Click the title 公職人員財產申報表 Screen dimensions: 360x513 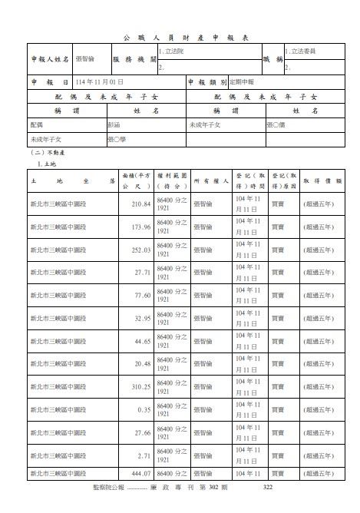click(x=180, y=37)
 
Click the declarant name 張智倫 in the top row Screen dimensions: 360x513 click(x=85, y=58)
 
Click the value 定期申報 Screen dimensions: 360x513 click(x=221, y=81)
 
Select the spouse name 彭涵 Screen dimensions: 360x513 click(x=116, y=124)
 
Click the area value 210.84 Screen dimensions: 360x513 click(x=140, y=204)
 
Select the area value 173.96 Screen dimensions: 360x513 click(x=140, y=227)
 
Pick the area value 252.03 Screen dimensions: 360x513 click(x=140, y=250)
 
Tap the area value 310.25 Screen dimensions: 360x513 click(x=140, y=386)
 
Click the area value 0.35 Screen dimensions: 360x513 click(x=144, y=409)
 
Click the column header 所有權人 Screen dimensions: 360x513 click(x=210, y=181)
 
